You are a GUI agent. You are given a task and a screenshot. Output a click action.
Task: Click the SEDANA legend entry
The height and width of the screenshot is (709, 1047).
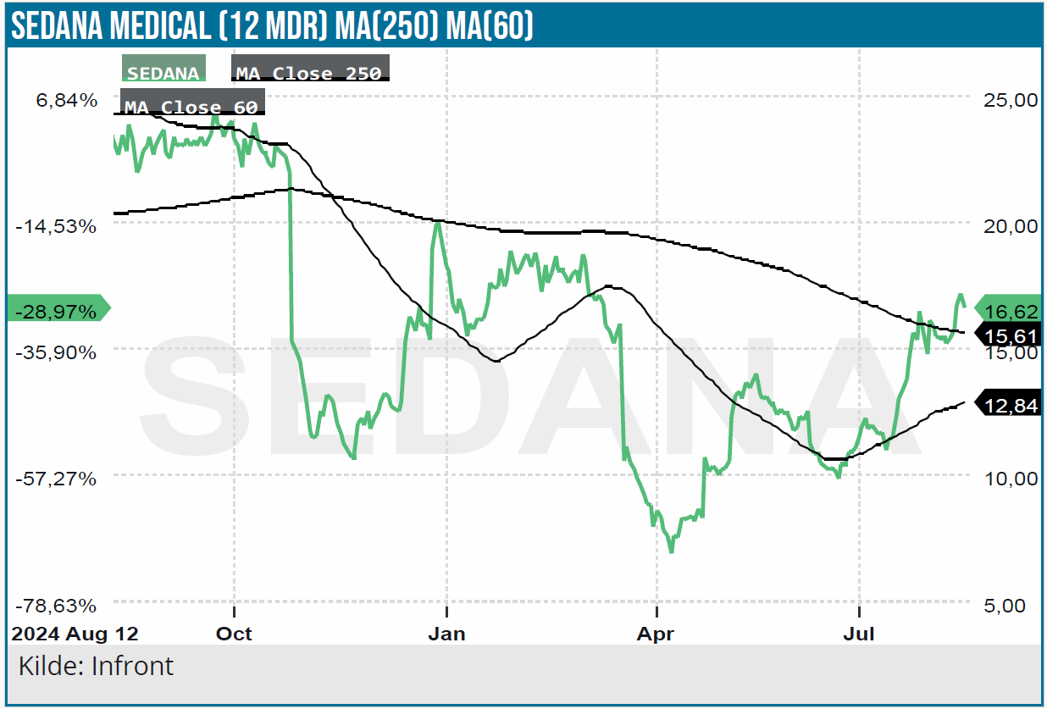[x=163, y=73]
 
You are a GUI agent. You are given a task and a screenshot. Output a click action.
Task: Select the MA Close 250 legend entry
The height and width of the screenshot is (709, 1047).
[x=309, y=73]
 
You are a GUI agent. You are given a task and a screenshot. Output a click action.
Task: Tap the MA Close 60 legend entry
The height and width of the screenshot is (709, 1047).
[x=191, y=107]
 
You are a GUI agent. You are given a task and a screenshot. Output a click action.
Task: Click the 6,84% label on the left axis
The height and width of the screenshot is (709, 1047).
[x=67, y=100]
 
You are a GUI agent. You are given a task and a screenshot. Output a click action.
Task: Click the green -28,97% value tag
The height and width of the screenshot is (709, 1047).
[x=58, y=311]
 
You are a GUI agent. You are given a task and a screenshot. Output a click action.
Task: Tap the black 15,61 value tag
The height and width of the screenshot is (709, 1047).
[x=1011, y=336]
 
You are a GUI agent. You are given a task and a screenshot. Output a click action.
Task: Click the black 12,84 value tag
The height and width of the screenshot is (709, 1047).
[x=1011, y=406]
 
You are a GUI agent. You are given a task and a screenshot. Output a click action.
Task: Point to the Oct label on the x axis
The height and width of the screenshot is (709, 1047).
[x=235, y=634]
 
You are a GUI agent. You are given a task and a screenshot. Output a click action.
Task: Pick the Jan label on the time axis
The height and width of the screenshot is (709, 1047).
[x=446, y=634]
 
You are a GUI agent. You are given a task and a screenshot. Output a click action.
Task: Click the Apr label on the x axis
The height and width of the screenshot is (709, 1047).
[x=656, y=634]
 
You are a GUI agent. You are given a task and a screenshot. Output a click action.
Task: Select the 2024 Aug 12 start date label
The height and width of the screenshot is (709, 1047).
[x=74, y=634]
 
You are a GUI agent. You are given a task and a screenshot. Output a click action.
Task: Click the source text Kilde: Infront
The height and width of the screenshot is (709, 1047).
[x=95, y=666]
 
